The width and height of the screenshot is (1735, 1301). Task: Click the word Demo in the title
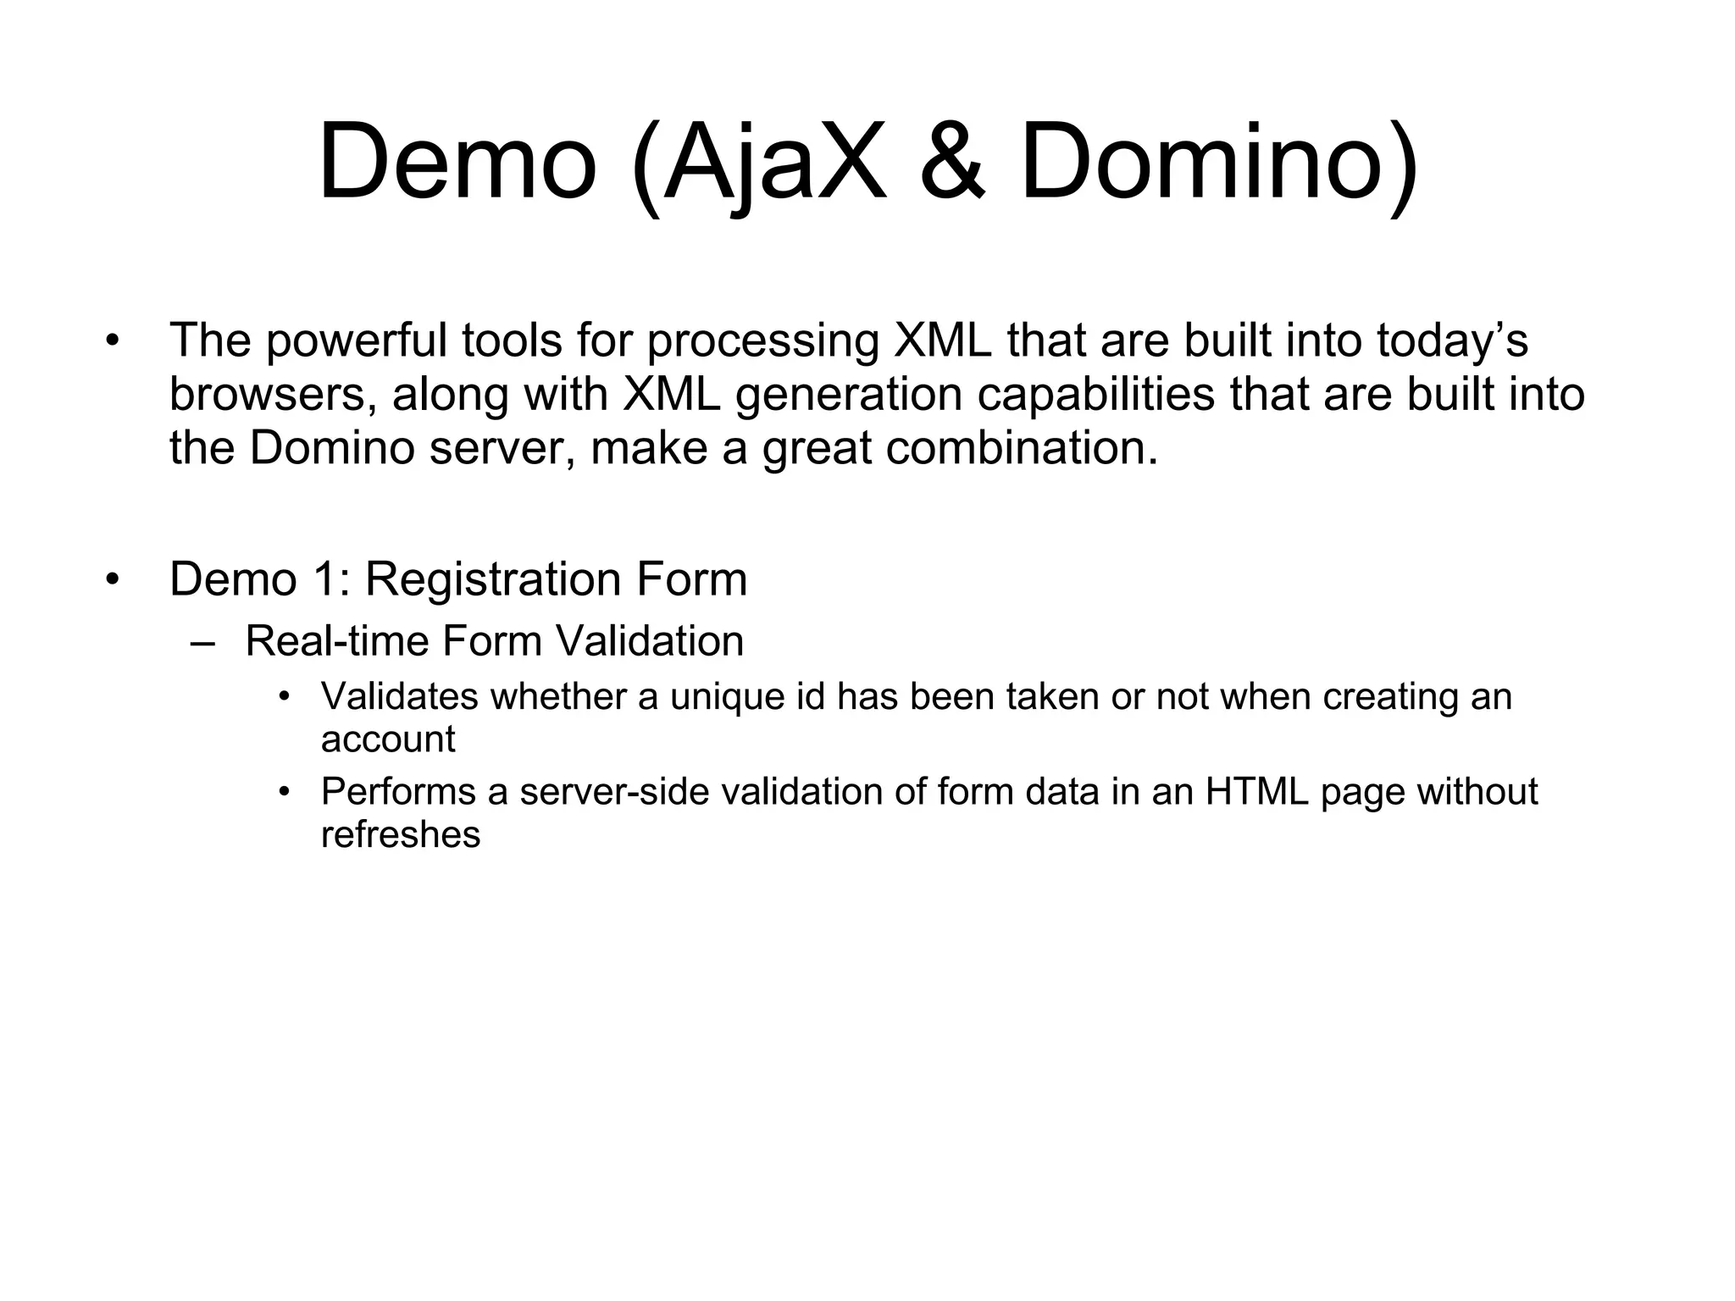click(x=457, y=162)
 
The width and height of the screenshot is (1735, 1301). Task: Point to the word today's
click(x=1452, y=340)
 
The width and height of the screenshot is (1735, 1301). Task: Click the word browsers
click(x=273, y=395)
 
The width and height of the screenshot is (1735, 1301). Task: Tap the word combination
click(x=1022, y=448)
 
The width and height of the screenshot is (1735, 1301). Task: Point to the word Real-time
click(x=336, y=641)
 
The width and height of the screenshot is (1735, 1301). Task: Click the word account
click(x=387, y=739)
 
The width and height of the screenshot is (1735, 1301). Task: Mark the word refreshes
click(x=400, y=835)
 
